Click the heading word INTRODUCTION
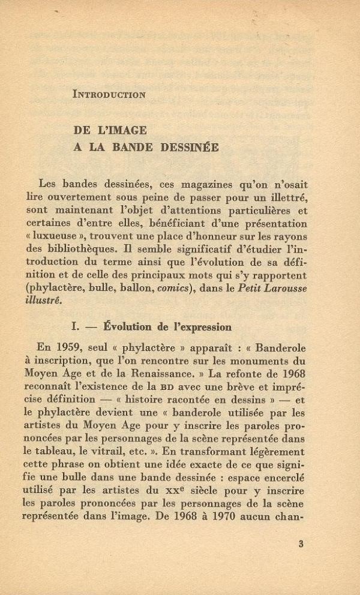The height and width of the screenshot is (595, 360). pos(108,94)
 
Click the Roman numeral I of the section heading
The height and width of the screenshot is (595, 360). pos(75,327)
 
